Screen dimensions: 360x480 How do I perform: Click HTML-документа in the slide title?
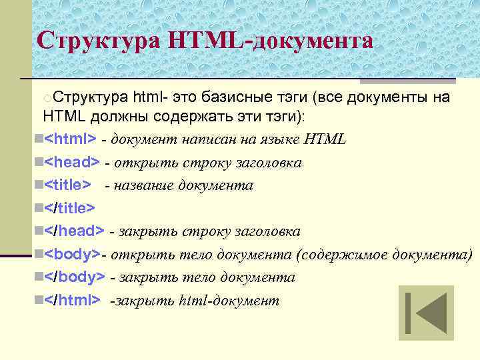(271, 41)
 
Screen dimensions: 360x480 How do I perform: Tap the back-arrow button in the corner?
(426, 313)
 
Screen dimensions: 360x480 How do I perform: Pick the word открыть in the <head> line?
(140, 163)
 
